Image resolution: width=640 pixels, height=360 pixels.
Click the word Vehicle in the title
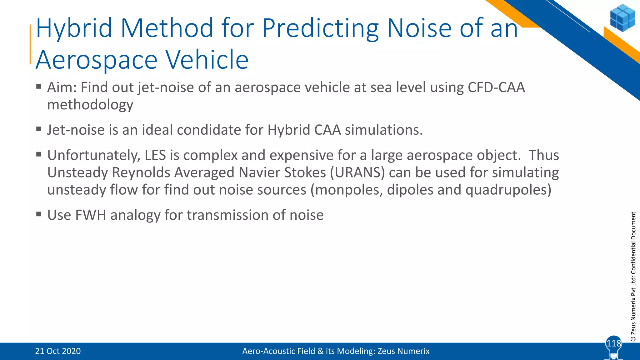[207, 60]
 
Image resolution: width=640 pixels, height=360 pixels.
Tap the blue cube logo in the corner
[622, 18]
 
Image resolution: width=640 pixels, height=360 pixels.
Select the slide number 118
[613, 343]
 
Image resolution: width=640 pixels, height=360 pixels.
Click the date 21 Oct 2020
[58, 351]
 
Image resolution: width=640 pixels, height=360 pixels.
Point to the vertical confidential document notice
[633, 276]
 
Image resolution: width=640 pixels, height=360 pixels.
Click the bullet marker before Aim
[39, 86]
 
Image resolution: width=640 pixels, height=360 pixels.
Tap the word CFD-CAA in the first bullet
[496, 87]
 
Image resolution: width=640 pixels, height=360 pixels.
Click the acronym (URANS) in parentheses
[357, 172]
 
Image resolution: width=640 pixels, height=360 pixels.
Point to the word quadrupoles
[508, 190]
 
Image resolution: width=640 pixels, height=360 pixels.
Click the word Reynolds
[141, 172]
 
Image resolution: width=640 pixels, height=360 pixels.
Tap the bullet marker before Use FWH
[39, 214]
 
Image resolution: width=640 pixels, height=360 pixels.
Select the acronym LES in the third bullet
[155, 155]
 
